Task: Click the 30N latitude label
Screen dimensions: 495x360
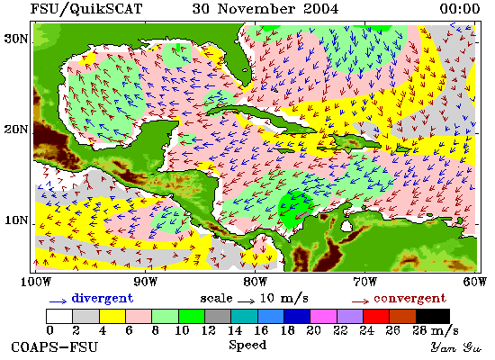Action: (x=15, y=40)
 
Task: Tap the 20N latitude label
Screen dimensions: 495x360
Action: (x=15, y=130)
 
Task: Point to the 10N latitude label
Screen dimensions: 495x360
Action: (x=15, y=220)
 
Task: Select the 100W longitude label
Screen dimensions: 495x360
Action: (x=36, y=282)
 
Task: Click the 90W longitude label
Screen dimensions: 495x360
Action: (x=146, y=282)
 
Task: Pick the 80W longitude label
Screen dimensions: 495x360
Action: (x=255, y=282)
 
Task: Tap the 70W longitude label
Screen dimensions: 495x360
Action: (x=364, y=282)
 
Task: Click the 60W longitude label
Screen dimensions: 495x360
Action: (x=474, y=282)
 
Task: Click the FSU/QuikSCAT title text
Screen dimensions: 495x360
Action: (x=86, y=9)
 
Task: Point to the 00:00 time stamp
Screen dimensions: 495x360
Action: (x=460, y=8)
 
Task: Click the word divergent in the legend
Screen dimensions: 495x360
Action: (x=103, y=299)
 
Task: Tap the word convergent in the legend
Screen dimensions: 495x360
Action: (x=410, y=299)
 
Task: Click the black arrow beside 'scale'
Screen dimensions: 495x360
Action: (x=247, y=301)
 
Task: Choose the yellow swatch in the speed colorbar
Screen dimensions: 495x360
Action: (x=112, y=317)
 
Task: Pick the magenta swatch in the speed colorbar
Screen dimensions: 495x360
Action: (x=323, y=317)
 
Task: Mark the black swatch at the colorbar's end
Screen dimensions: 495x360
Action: (x=433, y=317)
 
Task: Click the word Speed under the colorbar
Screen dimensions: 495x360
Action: (x=247, y=346)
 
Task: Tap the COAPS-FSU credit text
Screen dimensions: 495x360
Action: (x=55, y=347)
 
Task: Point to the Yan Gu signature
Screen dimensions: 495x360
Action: (x=456, y=347)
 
